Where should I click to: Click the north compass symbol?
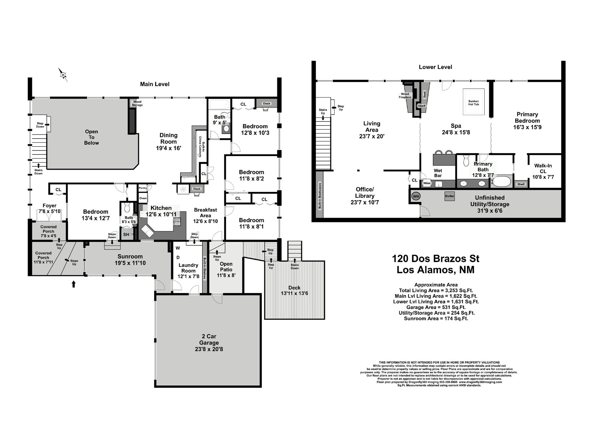point(63,74)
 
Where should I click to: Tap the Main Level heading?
point(155,84)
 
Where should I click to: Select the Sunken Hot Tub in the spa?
point(473,101)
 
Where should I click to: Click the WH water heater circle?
point(416,196)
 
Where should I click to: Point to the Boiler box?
point(450,196)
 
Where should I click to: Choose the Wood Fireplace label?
point(405,96)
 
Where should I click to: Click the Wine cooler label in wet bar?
point(427,183)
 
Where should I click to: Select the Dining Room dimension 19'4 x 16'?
point(169,148)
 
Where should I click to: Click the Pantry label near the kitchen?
point(143,188)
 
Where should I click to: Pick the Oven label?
point(143,198)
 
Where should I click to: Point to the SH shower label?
point(126,235)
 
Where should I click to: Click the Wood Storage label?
point(137,103)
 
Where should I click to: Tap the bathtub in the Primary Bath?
point(502,181)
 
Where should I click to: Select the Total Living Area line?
point(436,290)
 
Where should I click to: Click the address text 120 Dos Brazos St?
point(435,258)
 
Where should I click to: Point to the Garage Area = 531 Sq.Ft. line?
point(436,307)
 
